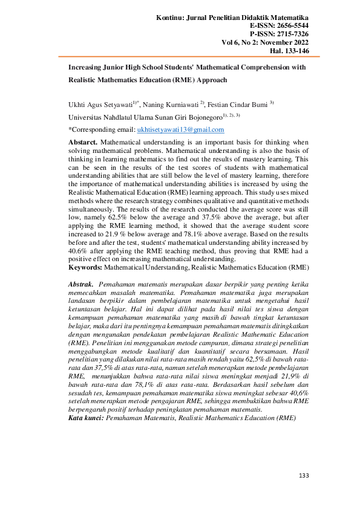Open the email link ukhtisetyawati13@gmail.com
(180, 129)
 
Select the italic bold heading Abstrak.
(80, 284)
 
